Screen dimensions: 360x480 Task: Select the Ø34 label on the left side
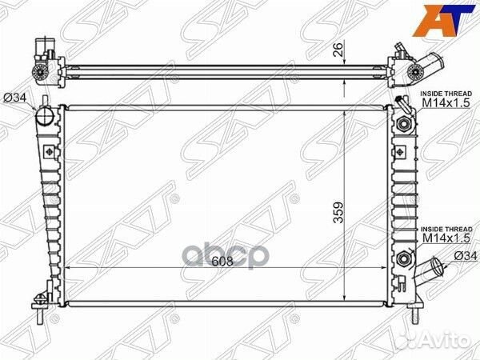pyautogui.click(x=17, y=98)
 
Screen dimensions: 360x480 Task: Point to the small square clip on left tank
pyautogui.click(x=50, y=152)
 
